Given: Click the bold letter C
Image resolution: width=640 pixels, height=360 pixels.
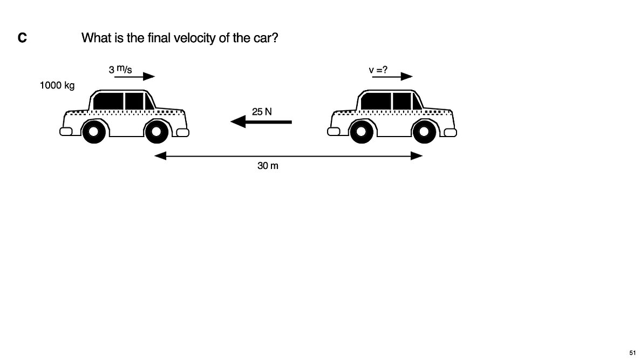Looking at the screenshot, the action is pyautogui.click(x=23, y=38).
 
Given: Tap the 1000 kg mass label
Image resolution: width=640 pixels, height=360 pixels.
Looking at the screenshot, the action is pyautogui.click(x=57, y=85).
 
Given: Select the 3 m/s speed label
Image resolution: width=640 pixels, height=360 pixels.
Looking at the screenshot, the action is pyautogui.click(x=120, y=69).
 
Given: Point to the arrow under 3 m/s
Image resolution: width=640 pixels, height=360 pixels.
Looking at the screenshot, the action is pyautogui.click(x=135, y=76).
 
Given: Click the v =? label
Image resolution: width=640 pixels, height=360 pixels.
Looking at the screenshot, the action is pyautogui.click(x=378, y=70).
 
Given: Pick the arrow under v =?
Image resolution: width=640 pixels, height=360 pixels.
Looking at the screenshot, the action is pyautogui.click(x=392, y=76).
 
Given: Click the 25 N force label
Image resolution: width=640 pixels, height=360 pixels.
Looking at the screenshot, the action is pyautogui.click(x=262, y=111).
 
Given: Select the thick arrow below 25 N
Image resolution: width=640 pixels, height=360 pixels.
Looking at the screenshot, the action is pyautogui.click(x=261, y=121).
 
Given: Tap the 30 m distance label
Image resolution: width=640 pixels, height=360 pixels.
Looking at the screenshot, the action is pyautogui.click(x=268, y=165).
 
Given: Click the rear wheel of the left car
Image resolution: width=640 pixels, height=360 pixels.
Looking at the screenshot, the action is pyautogui.click(x=94, y=132).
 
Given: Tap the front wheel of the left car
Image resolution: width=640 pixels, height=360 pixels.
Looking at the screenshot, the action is pyautogui.click(x=156, y=132).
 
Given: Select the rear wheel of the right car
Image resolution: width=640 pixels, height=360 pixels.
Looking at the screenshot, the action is pyautogui.click(x=362, y=132).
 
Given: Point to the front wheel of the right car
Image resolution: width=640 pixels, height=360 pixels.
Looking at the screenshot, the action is pyautogui.click(x=425, y=132).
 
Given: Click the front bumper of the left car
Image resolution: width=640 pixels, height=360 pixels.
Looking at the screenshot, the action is pyautogui.click(x=183, y=132).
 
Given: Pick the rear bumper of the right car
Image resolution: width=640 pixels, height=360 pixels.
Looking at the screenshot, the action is pyautogui.click(x=333, y=132).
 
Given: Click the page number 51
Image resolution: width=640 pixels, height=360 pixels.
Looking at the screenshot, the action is pyautogui.click(x=632, y=352).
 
